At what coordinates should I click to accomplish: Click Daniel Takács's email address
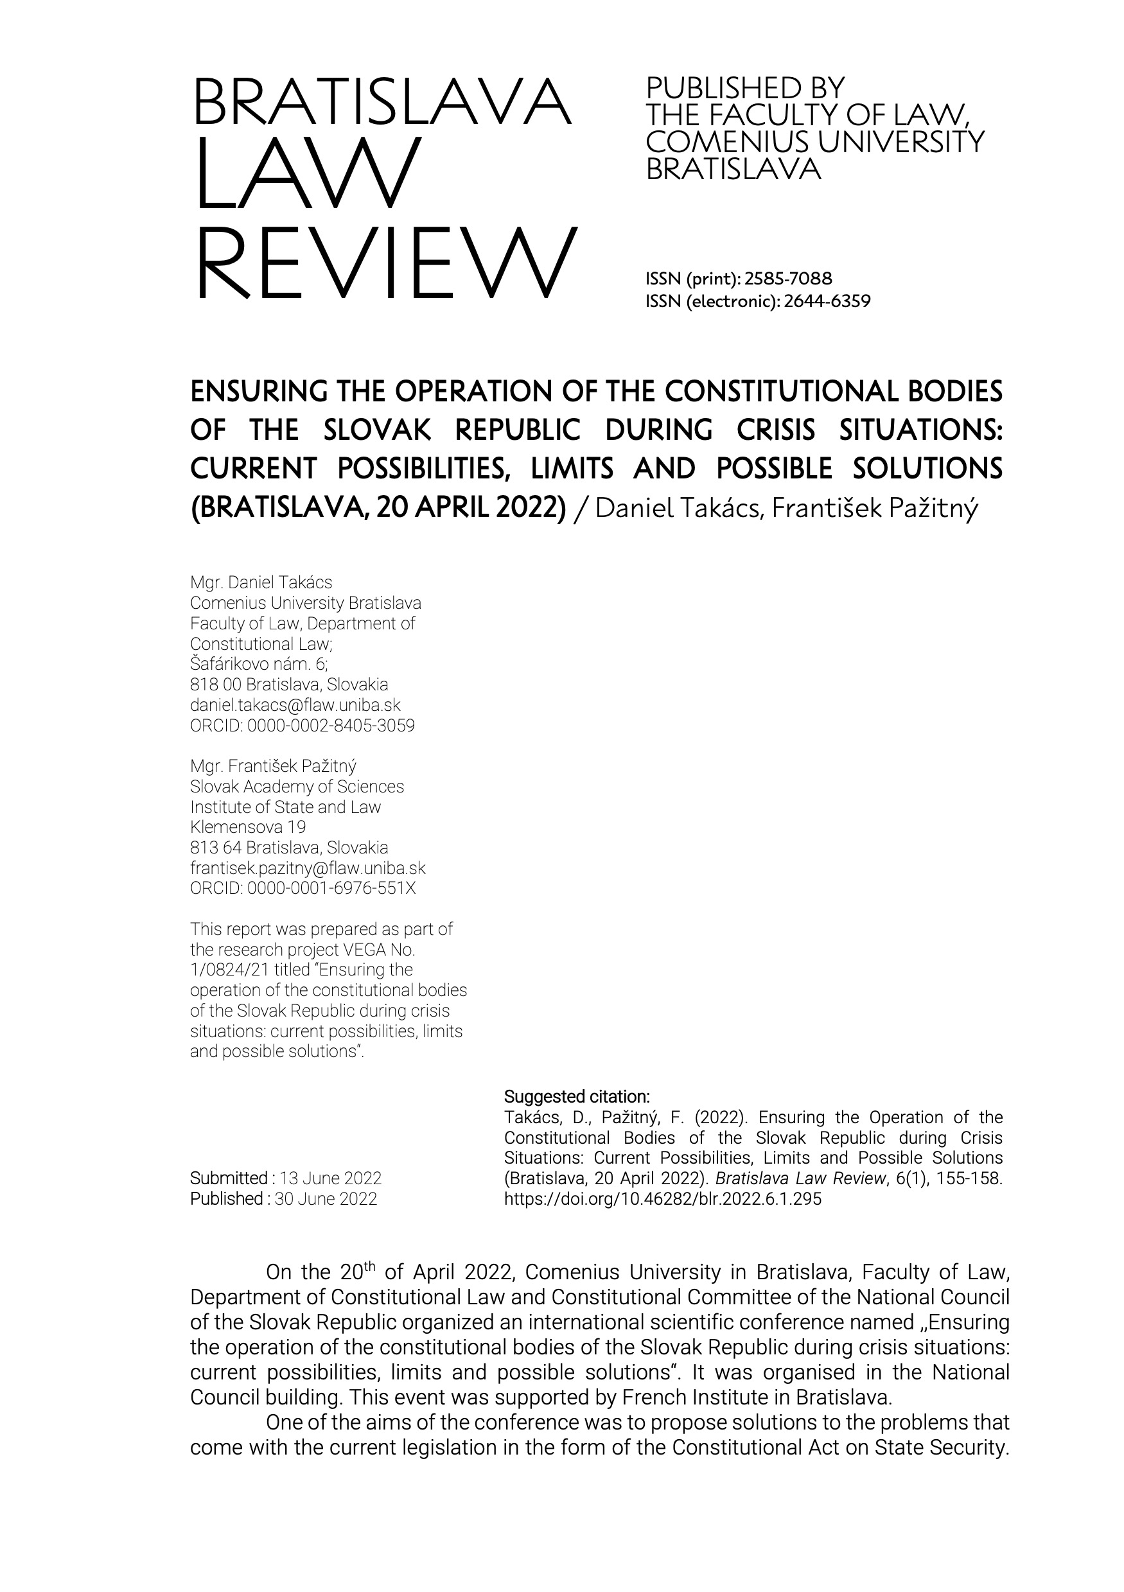tap(295, 705)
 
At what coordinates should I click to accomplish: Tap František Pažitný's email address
tap(307, 868)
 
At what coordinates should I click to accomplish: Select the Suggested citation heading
tap(576, 1097)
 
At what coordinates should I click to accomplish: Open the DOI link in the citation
tap(662, 1199)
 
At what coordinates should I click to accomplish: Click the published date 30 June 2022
tap(325, 1199)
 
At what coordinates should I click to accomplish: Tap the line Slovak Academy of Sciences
tap(297, 787)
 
